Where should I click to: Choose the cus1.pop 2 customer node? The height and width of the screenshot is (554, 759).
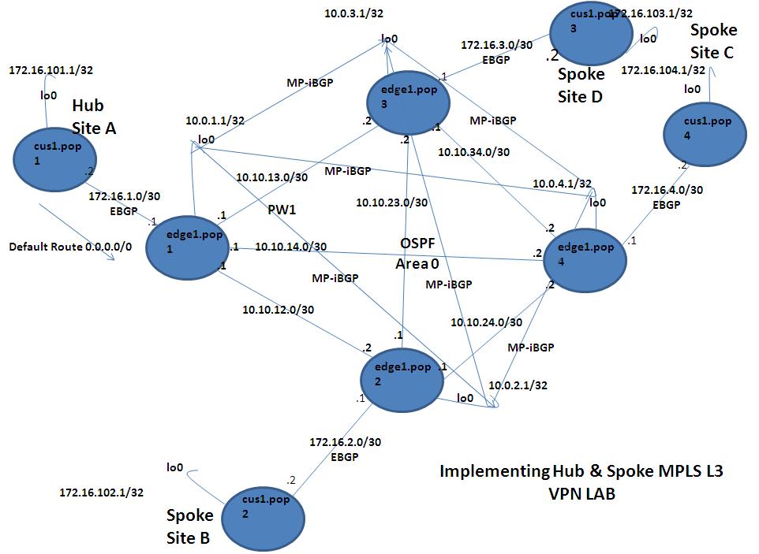[263, 511]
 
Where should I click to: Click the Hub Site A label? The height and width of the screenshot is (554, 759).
[93, 117]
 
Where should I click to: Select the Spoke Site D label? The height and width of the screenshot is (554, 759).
[581, 85]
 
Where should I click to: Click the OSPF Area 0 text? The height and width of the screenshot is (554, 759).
[417, 253]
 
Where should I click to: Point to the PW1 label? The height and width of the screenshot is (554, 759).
[282, 210]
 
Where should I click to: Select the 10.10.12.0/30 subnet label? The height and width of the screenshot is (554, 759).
[278, 310]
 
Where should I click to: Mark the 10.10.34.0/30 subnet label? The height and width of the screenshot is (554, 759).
[473, 151]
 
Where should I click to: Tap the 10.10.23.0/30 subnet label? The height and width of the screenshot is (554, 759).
[391, 203]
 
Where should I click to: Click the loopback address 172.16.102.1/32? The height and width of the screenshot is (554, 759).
[102, 493]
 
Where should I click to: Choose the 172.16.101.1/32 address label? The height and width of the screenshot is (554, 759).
[50, 70]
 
